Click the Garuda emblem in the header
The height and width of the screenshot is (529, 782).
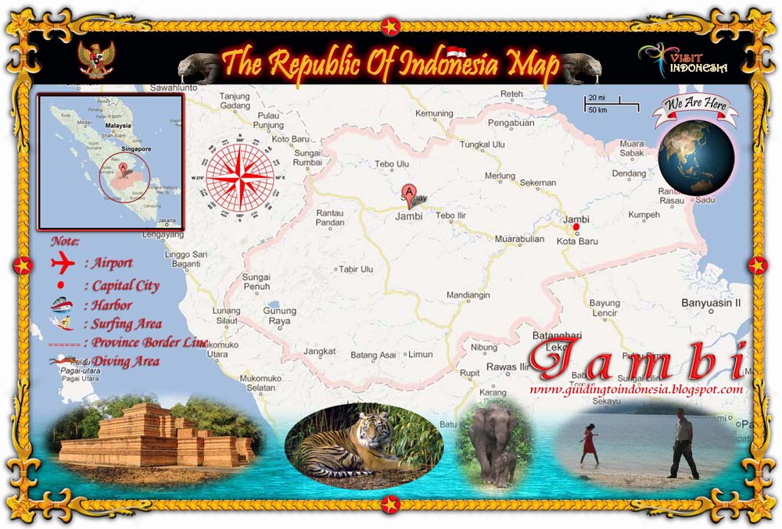(x=96, y=59)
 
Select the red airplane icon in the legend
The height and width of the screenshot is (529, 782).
(x=61, y=263)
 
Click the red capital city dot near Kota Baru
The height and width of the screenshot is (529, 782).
(x=576, y=227)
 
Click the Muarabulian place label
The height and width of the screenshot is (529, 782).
(x=519, y=240)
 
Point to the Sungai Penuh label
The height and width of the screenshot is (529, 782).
(x=256, y=281)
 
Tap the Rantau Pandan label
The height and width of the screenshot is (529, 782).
(x=330, y=217)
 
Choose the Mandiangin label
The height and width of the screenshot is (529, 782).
(x=468, y=295)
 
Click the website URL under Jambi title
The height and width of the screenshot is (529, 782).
(x=636, y=389)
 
